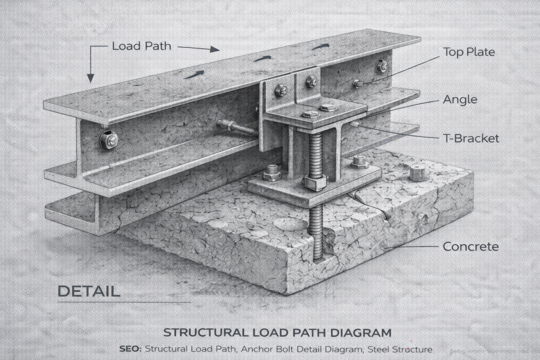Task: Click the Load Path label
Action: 141,46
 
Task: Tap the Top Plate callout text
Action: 469,52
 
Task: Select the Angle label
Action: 460,99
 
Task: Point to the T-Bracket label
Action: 471,138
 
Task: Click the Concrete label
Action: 470,246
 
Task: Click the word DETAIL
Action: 88,291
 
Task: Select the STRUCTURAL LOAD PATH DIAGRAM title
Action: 277,332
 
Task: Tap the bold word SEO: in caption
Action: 130,349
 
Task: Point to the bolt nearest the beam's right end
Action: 381,66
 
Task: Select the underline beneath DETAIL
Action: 124,302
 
